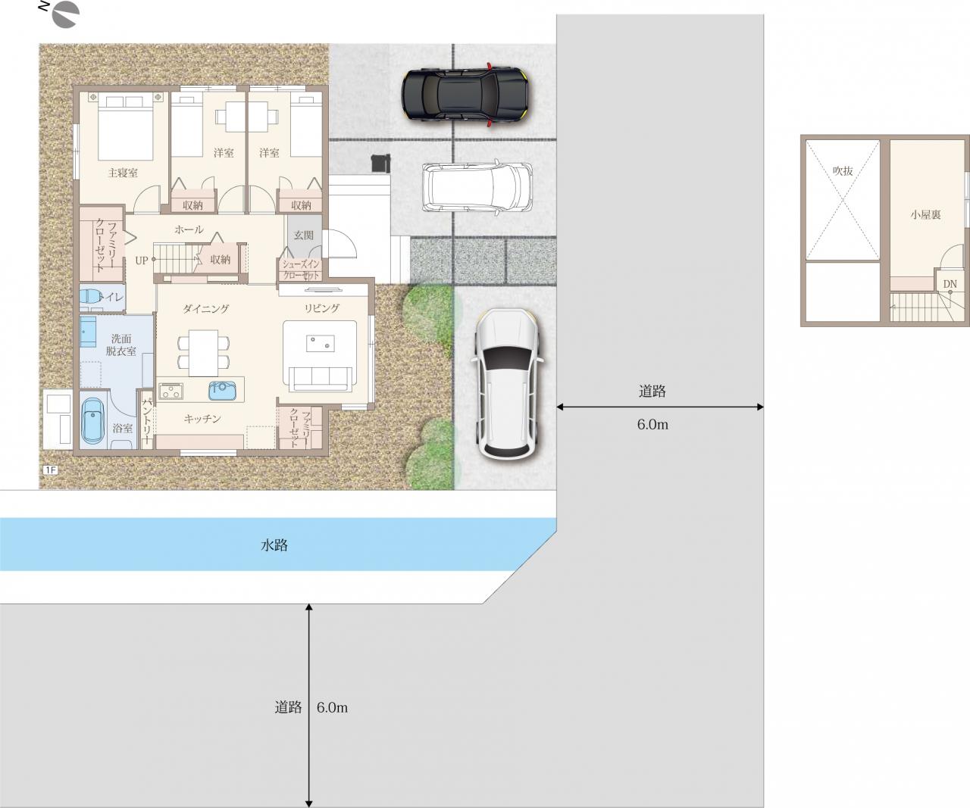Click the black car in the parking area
(466, 94)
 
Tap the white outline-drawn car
(477, 187)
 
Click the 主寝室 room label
(123, 173)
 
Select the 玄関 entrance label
(303, 235)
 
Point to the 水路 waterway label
(274, 544)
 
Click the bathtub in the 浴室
(93, 422)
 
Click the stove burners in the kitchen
(171, 392)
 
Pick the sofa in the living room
(320, 379)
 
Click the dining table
(203, 353)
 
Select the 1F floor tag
(50, 470)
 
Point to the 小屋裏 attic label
(926, 214)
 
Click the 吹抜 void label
(843, 171)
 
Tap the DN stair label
(950, 284)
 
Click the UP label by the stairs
(141, 260)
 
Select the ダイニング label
(206, 309)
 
